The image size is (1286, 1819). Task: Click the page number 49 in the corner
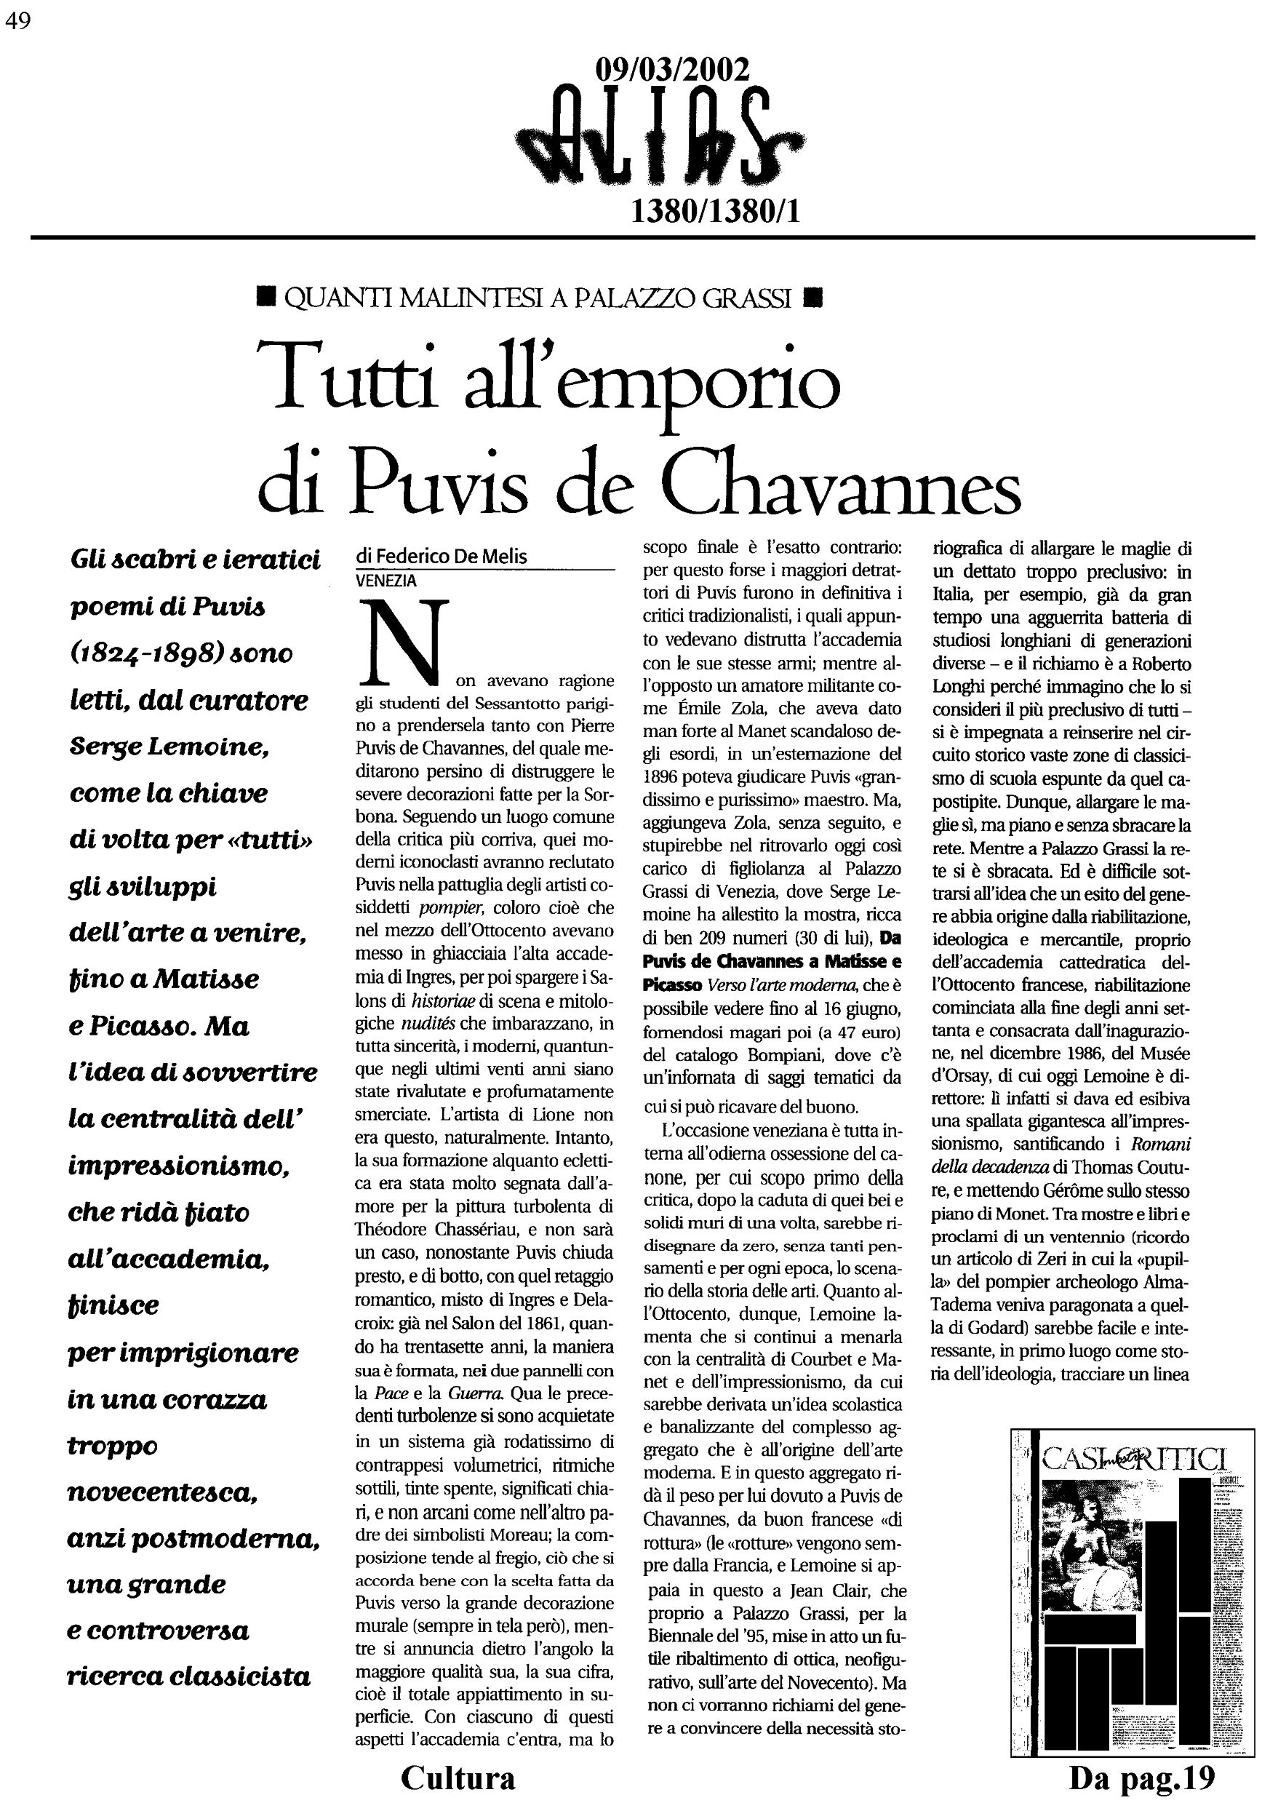tap(18, 22)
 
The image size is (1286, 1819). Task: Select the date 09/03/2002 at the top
tap(671, 72)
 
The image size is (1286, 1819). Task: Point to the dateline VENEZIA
tap(386, 580)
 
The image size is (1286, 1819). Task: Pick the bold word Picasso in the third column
tap(671, 987)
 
